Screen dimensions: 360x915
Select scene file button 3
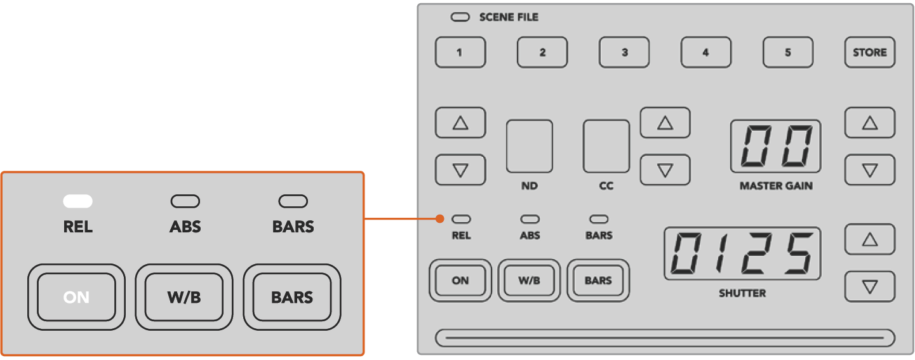pos(624,53)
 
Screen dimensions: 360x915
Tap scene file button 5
pos(788,53)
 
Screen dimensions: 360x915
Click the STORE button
pos(869,53)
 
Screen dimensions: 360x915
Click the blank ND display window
pos(529,146)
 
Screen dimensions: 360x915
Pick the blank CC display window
pos(606,146)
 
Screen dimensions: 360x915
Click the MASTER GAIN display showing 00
pos(775,146)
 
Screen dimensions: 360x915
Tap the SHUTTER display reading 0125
pos(742,253)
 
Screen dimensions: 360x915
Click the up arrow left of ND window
pos(460,123)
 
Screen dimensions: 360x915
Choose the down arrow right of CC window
pos(665,170)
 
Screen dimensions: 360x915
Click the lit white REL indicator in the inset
pos(77,202)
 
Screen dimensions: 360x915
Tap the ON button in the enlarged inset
pos(77,297)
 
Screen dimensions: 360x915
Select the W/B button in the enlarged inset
pos(184,297)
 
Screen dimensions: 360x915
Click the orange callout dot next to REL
pos(439,220)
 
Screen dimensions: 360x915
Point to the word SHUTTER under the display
pos(742,293)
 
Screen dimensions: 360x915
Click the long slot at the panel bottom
pos(665,338)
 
